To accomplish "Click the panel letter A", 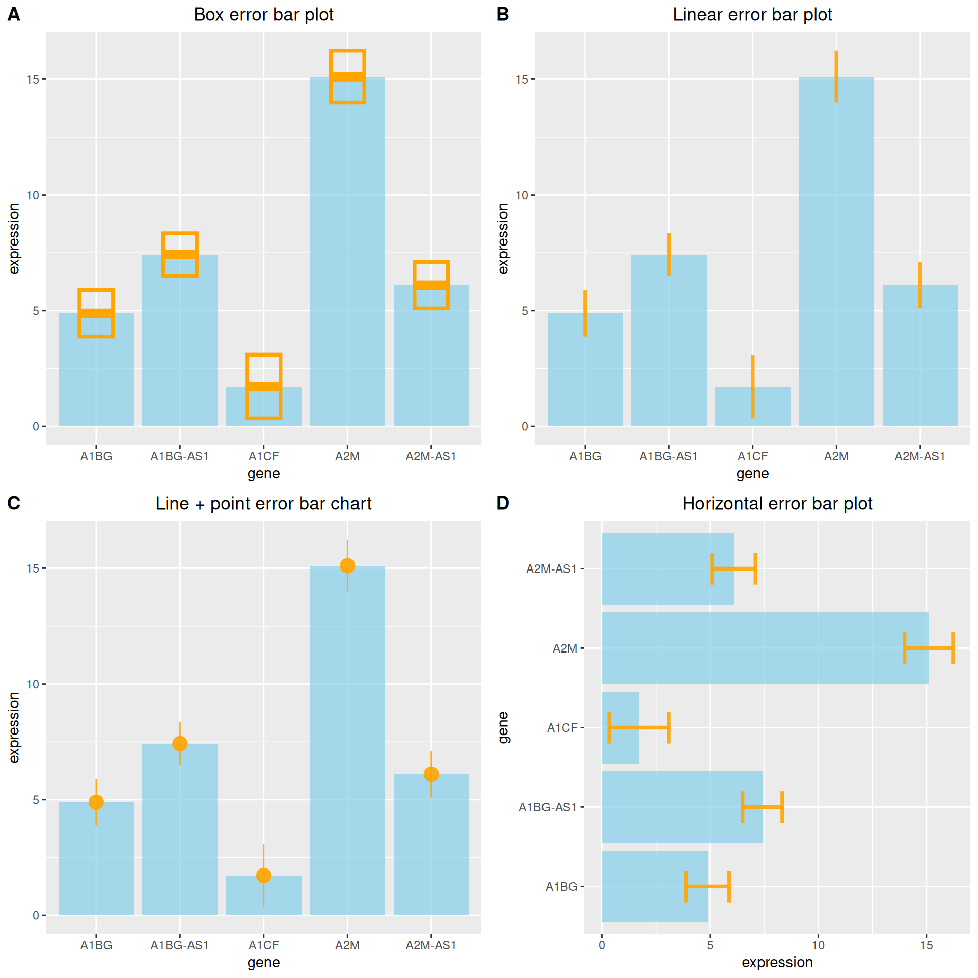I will tap(14, 14).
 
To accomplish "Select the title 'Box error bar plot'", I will tap(263, 15).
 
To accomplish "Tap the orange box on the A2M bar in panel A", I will tap(347, 77).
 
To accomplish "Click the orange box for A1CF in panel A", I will tap(263, 386).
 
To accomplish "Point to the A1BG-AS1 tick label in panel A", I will tap(179, 456).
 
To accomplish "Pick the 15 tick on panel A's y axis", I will tap(33, 79).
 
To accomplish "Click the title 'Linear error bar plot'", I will tap(752, 15).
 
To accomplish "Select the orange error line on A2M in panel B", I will tap(836, 76).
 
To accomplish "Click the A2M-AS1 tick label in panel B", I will tap(920, 456).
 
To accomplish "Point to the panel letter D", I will tap(503, 503).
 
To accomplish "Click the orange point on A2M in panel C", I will tap(347, 565).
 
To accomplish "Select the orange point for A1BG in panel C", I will tap(96, 802).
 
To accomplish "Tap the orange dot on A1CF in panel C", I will tap(263, 876).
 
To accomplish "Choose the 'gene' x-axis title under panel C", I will tap(263, 962).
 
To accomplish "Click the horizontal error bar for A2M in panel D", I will tap(928, 648).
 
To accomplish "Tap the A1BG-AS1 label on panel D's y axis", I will tap(548, 807).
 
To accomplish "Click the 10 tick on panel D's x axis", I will tap(818, 945).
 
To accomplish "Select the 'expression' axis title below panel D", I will tap(777, 962).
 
